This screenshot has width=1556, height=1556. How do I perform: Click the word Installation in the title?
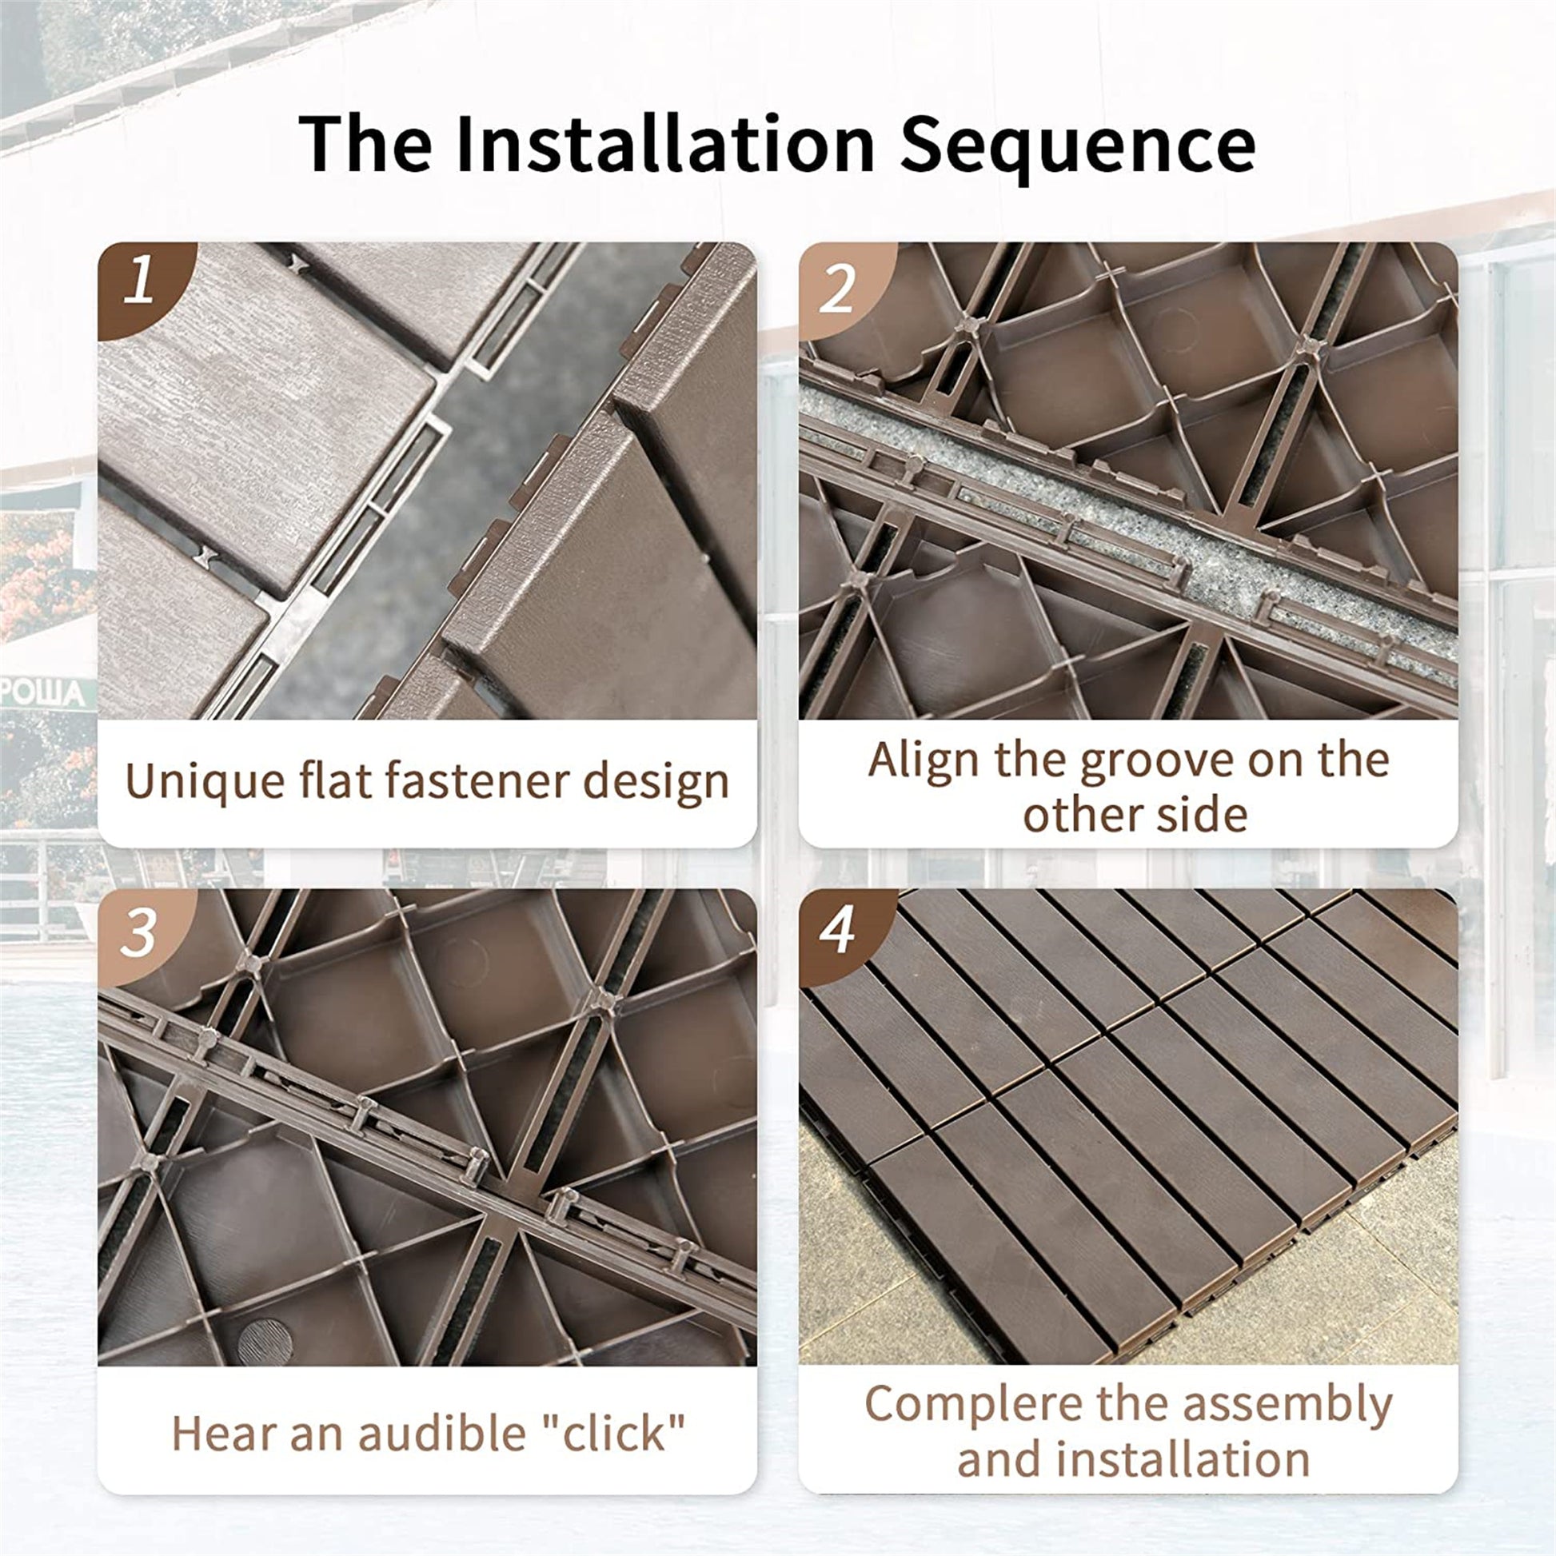[665, 144]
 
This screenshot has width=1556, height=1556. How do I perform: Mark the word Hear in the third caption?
[223, 1434]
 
